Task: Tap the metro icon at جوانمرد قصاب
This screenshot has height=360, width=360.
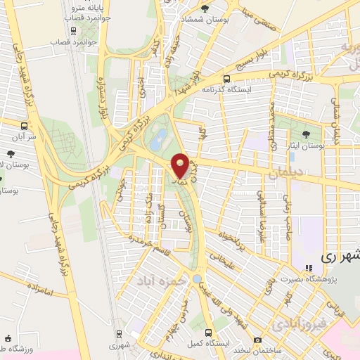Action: point(73,30)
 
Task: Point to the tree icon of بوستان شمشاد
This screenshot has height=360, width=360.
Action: point(205,8)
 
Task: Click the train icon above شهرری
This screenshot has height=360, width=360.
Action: point(119,333)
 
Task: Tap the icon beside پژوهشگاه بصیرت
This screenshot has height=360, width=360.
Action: point(308,268)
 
